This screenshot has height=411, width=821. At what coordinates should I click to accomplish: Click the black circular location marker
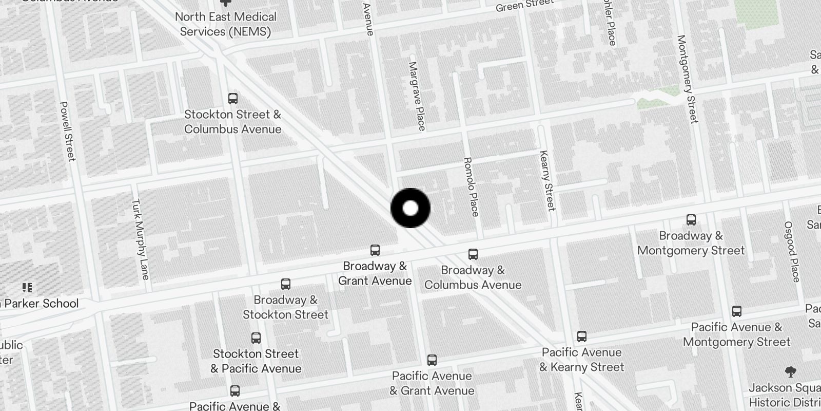point(411,208)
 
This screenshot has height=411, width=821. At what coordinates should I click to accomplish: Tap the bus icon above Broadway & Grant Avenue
point(375,250)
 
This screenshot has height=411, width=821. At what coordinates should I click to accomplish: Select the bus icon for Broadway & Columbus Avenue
point(473,254)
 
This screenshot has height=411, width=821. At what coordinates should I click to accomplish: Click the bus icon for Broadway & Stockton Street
point(286,284)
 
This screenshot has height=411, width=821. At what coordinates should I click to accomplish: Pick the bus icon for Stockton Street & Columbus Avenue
point(233,98)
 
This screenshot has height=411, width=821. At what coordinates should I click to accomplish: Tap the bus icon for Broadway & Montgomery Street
point(691,220)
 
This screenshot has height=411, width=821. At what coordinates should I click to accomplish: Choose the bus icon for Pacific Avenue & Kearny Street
point(581,337)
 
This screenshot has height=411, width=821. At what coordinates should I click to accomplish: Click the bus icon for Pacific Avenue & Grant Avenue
point(432,360)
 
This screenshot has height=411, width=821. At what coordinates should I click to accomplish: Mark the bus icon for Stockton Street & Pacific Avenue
point(256,338)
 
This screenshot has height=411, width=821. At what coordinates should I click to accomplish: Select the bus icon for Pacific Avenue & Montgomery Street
point(737,311)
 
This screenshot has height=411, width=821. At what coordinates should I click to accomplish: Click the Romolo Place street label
point(471,186)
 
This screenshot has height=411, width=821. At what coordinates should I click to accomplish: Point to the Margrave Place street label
point(417,96)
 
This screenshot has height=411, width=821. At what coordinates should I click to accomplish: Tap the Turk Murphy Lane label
point(140,239)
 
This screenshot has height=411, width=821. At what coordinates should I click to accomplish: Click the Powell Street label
point(68,131)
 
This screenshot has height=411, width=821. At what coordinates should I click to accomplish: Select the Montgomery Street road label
point(688,79)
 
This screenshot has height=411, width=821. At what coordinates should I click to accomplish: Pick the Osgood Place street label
point(792,251)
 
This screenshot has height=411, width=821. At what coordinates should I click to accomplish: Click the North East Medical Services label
point(226,24)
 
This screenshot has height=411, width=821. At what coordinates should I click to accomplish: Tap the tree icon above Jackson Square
point(791,371)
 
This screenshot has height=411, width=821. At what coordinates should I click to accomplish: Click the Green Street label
point(524,6)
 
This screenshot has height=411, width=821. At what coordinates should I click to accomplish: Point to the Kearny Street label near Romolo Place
point(548,180)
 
